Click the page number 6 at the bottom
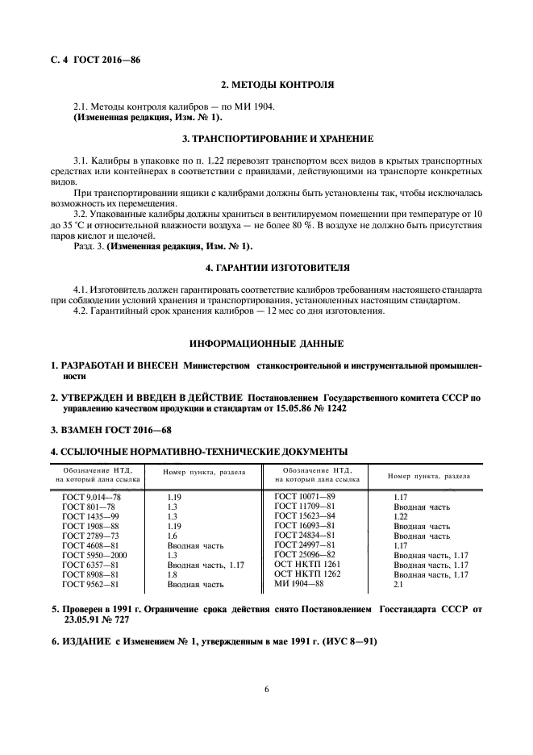click(266, 688)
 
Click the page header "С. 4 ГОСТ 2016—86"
click(91, 59)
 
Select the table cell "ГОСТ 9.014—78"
click(91, 500)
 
